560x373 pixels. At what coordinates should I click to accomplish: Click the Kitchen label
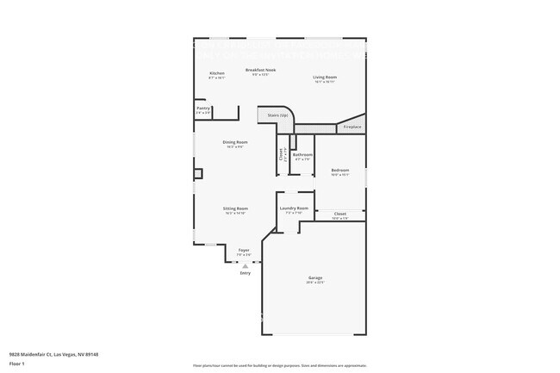click(217, 73)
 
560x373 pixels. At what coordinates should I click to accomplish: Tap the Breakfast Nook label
click(260, 70)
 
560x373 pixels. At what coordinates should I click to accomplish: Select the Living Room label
click(325, 78)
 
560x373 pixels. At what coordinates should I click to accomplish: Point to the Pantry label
click(202, 108)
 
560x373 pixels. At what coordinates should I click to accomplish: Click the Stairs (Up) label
click(277, 115)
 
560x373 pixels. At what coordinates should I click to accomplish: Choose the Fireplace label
click(352, 127)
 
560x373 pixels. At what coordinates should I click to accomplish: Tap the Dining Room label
click(236, 142)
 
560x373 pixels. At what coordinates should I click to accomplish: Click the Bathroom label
click(302, 155)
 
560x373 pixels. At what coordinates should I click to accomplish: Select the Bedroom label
click(339, 171)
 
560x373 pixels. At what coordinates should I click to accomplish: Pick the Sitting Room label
click(236, 208)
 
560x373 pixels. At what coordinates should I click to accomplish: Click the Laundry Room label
click(294, 208)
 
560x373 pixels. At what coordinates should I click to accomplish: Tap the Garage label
click(315, 277)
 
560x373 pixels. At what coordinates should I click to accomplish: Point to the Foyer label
click(245, 251)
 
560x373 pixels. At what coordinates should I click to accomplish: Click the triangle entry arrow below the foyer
click(246, 266)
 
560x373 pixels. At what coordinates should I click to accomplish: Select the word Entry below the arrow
click(246, 273)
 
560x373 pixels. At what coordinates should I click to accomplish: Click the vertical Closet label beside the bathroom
click(281, 154)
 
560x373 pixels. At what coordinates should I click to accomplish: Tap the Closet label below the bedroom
click(339, 214)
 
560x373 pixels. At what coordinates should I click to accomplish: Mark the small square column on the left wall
click(198, 173)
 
